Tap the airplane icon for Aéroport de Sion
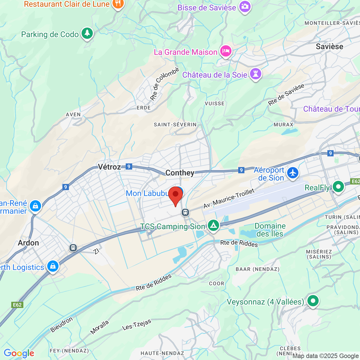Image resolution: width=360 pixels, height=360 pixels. (293, 173)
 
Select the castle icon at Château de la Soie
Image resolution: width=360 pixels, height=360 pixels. (256, 74)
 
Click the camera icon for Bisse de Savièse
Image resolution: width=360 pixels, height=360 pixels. (245, 7)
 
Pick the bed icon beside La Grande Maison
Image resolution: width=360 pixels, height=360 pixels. (226, 51)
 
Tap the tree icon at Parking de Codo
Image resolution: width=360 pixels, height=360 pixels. (87, 33)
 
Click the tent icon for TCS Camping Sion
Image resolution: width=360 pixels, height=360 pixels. (213, 226)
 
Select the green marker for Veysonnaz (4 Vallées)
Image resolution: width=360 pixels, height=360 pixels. (313, 301)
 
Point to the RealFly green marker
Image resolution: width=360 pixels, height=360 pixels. (338, 187)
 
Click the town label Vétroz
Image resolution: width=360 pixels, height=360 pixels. (109, 167)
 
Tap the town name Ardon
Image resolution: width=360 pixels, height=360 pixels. (28, 243)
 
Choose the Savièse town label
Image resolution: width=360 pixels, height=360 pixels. (329, 46)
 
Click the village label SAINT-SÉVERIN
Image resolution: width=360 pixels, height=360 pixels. (175, 125)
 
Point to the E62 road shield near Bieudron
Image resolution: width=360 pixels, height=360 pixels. (17, 305)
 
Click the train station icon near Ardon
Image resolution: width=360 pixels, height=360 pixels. (73, 247)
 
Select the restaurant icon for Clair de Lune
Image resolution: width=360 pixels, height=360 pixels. (118, 4)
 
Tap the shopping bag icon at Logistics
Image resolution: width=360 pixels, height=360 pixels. (53, 266)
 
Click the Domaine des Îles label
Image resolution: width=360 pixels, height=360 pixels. (270, 230)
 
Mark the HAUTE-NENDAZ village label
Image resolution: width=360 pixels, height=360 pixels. (162, 353)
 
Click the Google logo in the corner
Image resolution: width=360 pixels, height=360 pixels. (19, 353)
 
